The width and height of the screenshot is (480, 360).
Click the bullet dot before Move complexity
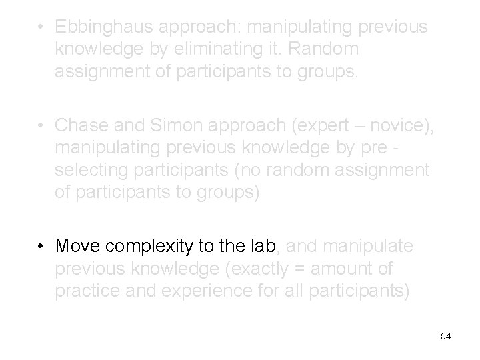coord(41,247)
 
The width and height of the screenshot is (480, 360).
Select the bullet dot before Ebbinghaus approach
coord(41,28)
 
